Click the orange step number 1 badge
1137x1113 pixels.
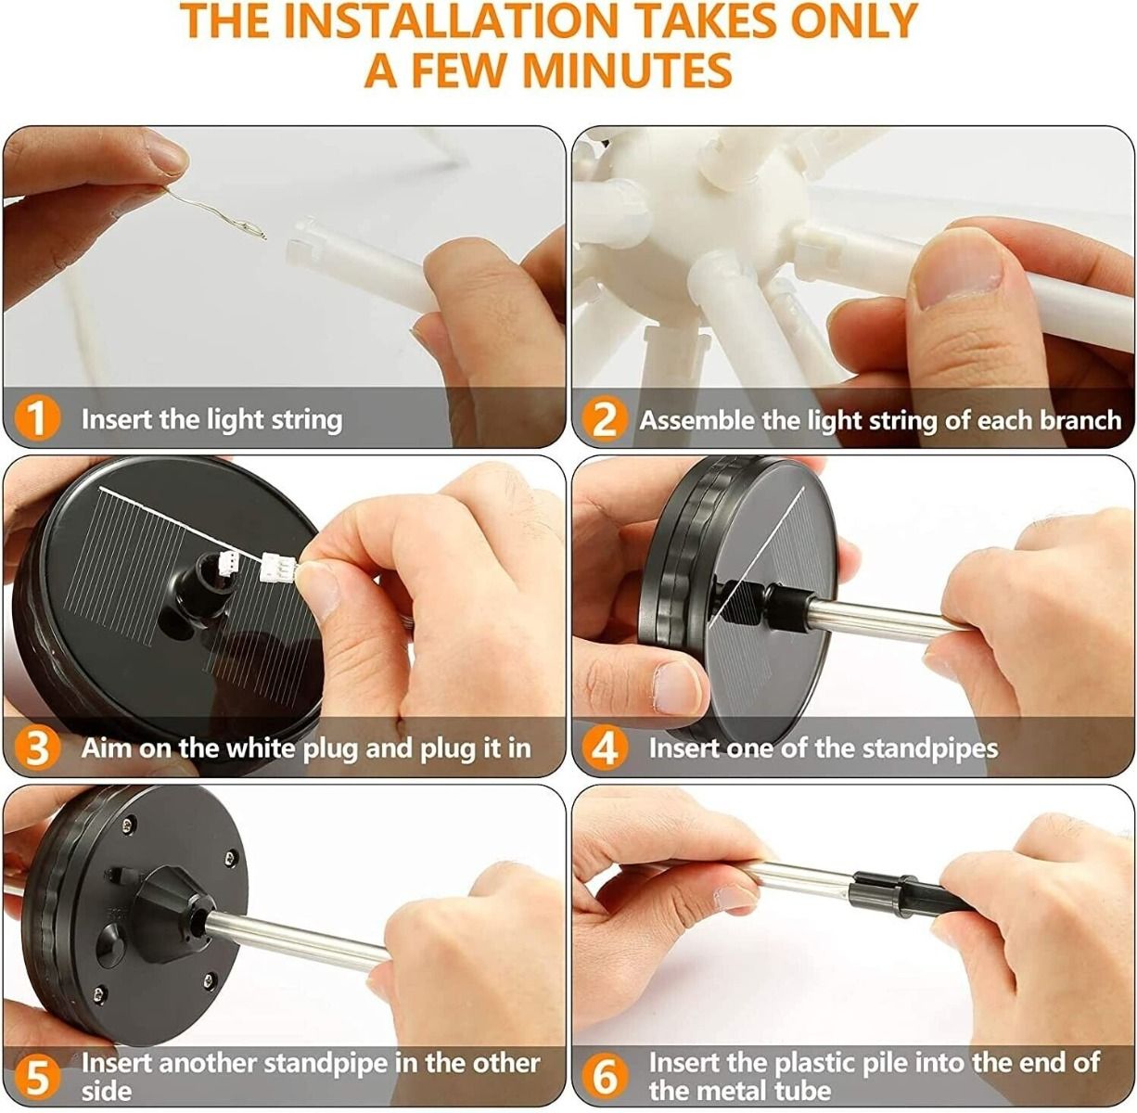pos(36,418)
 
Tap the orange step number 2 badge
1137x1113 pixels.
pos(604,419)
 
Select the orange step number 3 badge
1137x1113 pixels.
pos(36,748)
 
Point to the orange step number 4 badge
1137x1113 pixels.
pos(604,748)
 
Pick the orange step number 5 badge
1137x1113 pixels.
pos(36,1077)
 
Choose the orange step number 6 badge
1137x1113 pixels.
pos(604,1077)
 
